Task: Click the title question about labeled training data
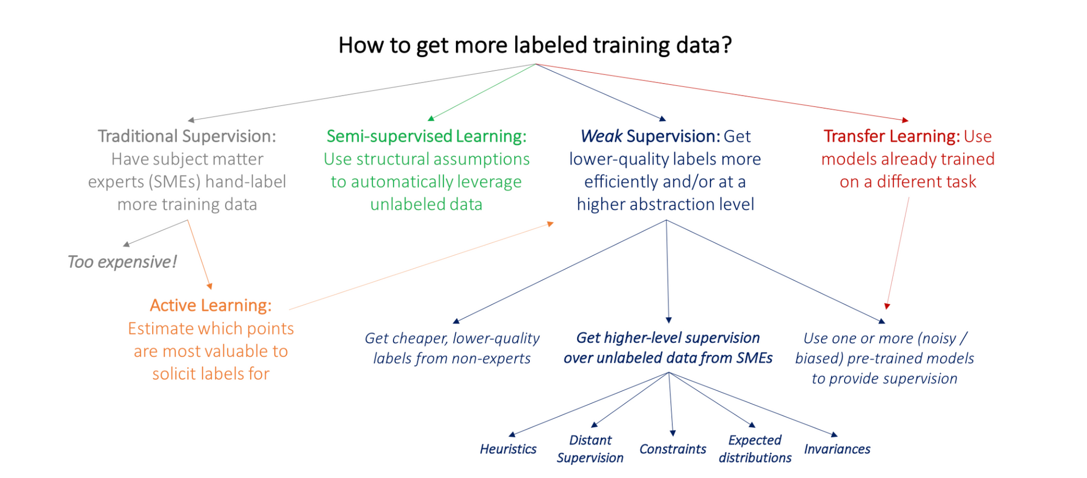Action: click(535, 45)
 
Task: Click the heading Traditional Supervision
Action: click(187, 136)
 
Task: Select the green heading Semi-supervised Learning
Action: click(427, 136)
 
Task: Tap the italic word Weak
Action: click(601, 136)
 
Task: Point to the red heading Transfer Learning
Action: click(891, 136)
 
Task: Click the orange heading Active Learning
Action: click(211, 305)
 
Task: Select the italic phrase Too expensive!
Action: click(122, 262)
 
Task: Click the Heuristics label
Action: click(508, 449)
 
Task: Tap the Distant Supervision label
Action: click(590, 449)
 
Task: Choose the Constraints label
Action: click(673, 449)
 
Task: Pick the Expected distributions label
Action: click(755, 449)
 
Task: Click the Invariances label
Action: click(837, 449)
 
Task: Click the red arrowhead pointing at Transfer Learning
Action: click(905, 120)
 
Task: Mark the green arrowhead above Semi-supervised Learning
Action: click(430, 118)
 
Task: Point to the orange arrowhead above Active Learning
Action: click(210, 286)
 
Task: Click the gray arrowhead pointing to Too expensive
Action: click(126, 244)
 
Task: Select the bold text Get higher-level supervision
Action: click(668, 338)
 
